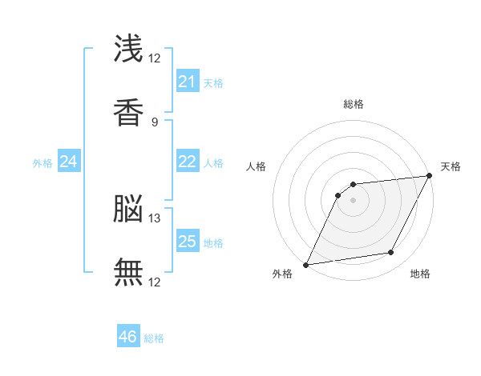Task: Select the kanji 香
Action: pyautogui.click(x=128, y=112)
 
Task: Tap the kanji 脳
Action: pyautogui.click(x=128, y=210)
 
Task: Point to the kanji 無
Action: pyautogui.click(x=128, y=272)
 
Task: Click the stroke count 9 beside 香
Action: pyautogui.click(x=155, y=122)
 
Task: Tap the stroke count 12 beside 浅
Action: pyautogui.click(x=155, y=58)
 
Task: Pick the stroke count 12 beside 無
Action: pyautogui.click(x=155, y=282)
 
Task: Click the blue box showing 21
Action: pyautogui.click(x=187, y=82)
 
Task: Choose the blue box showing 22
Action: pyautogui.click(x=187, y=162)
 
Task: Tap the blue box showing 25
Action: pyautogui.click(x=187, y=242)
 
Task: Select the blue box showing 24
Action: pyautogui.click(x=69, y=162)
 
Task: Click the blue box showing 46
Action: pyautogui.click(x=128, y=337)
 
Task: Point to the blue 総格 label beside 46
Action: pyautogui.click(x=154, y=338)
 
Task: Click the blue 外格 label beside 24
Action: pyautogui.click(x=42, y=163)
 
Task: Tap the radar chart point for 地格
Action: pyautogui.click(x=391, y=253)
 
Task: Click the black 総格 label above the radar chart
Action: pyautogui.click(x=353, y=104)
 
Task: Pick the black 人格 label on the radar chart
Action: pyautogui.click(x=256, y=166)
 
